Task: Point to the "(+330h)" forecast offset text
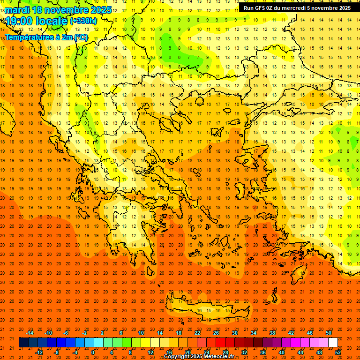point(83,21)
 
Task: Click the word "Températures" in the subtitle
point(29,37)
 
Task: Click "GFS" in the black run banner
point(260,8)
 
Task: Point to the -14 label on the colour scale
point(30,333)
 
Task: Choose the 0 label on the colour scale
point(92,352)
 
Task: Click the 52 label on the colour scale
point(338,352)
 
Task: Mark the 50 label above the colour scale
point(328,333)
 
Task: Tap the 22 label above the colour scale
point(197,333)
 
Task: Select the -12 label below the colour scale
point(39,352)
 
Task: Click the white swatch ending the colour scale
point(333,343)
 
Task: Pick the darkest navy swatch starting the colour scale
point(23,343)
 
